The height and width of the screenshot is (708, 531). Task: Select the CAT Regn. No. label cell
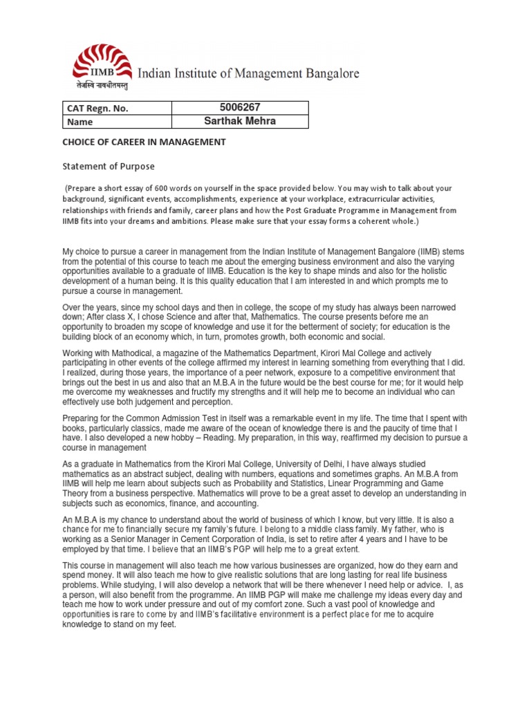pyautogui.click(x=97, y=109)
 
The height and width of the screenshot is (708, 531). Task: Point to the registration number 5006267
pyautogui.click(x=239, y=107)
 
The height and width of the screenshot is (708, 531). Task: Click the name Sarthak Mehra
pyautogui.click(x=239, y=121)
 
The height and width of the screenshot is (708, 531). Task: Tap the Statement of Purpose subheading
pyautogui.click(x=109, y=166)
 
